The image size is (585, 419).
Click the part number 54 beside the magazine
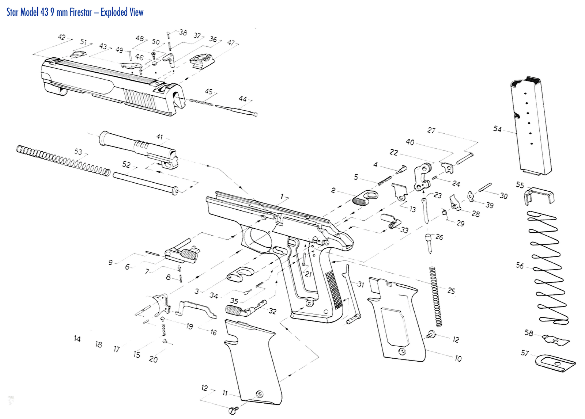point(497,129)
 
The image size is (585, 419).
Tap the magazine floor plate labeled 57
point(555,363)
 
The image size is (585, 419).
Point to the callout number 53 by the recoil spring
point(78,151)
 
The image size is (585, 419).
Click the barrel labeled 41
point(139,148)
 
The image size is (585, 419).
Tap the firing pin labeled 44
point(236,109)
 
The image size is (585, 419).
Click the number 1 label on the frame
point(282,197)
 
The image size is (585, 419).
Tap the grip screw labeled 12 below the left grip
point(233,410)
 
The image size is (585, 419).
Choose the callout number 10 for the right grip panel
point(458,358)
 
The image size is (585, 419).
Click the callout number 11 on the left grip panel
point(225,393)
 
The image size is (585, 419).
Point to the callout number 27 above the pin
point(431,130)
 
